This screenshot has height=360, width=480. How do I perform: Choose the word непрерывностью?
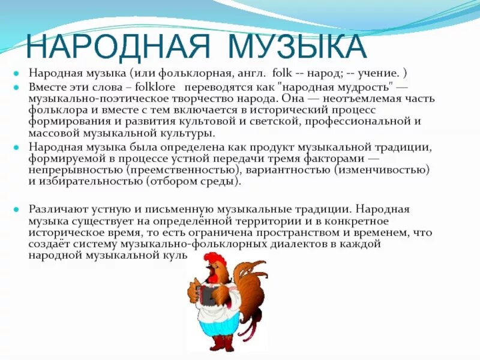tap(76, 170)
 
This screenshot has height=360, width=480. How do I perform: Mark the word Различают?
tap(57, 209)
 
